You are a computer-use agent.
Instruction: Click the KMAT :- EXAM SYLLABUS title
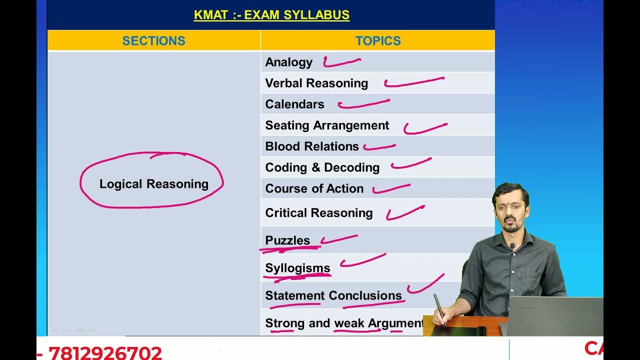pyautogui.click(x=271, y=15)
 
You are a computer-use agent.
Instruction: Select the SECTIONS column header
pyautogui.click(x=153, y=41)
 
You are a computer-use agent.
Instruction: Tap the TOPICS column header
pyautogui.click(x=378, y=41)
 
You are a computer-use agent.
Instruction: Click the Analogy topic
pyautogui.click(x=288, y=62)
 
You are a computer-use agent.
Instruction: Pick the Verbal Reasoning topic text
pyautogui.click(x=316, y=83)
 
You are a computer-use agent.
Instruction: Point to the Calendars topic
pyautogui.click(x=294, y=104)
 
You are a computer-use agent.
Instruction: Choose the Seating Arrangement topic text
pyautogui.click(x=327, y=125)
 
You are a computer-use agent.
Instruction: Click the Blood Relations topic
pyautogui.click(x=312, y=146)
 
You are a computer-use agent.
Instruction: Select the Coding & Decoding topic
pyautogui.click(x=322, y=167)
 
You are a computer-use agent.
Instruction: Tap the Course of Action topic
pyautogui.click(x=314, y=188)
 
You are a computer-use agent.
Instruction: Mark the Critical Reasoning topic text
pyautogui.click(x=319, y=213)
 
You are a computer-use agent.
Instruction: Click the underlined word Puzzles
pyautogui.click(x=287, y=240)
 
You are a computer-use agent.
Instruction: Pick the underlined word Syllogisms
pyautogui.click(x=297, y=268)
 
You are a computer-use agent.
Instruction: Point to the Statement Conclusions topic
pyautogui.click(x=333, y=295)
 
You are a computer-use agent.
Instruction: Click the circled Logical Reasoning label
pyautogui.click(x=153, y=184)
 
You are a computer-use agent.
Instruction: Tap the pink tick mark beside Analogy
pyautogui.click(x=341, y=62)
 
